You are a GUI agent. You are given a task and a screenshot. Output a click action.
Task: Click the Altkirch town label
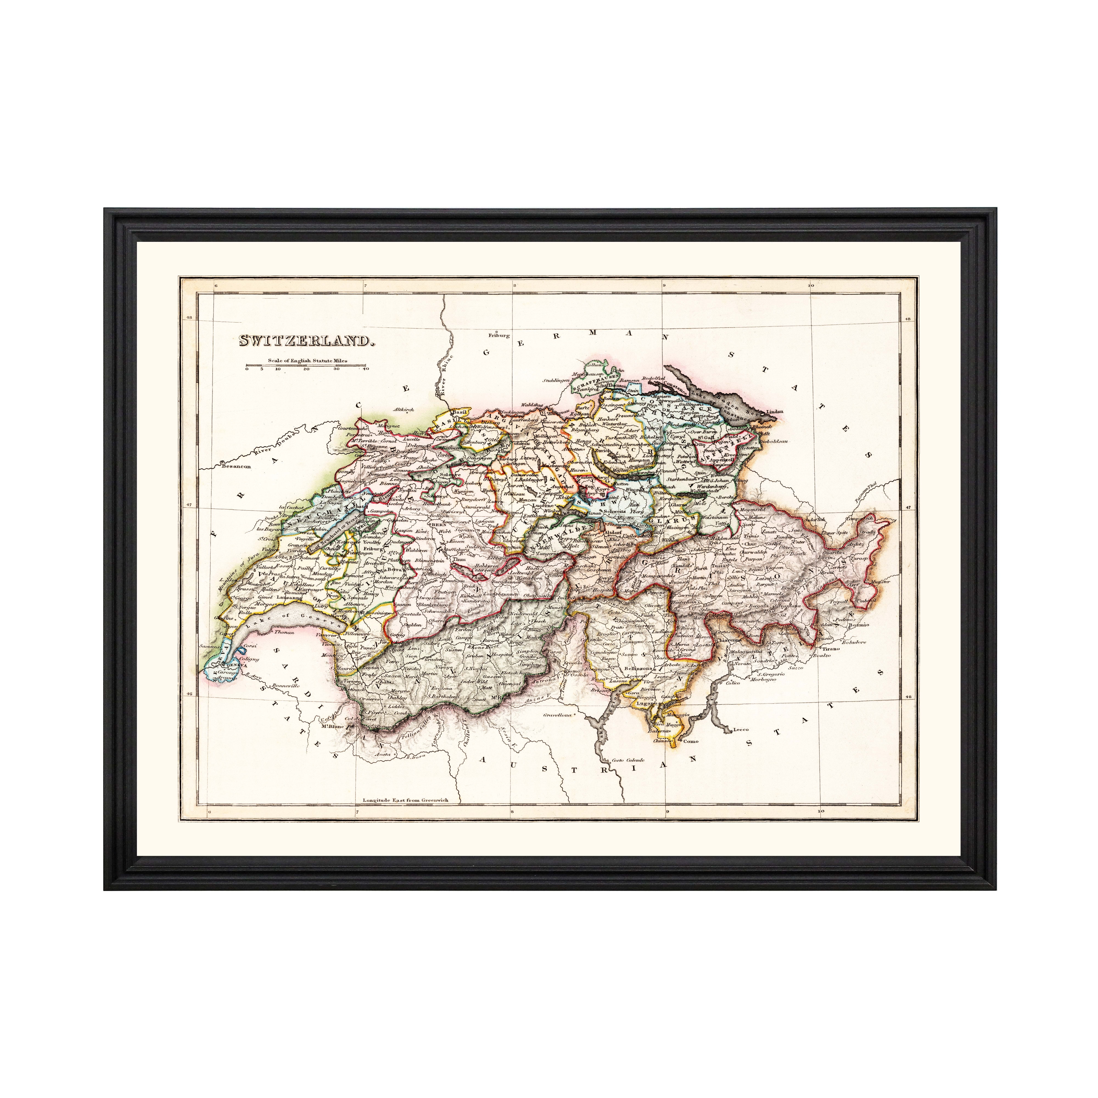[x=404, y=409]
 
